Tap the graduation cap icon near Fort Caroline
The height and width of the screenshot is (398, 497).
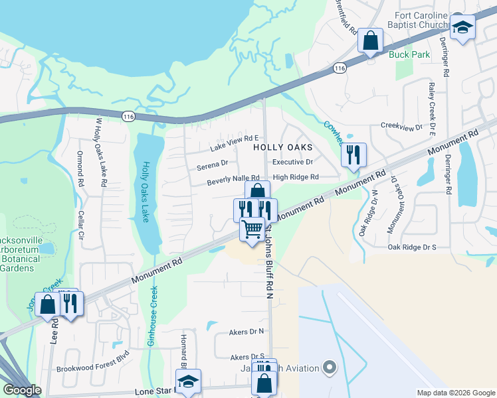coord(462,28)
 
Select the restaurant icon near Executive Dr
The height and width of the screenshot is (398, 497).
coord(353,155)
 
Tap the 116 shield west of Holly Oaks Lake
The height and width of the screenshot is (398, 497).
coord(128,116)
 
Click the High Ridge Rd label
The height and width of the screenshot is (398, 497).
coord(296,177)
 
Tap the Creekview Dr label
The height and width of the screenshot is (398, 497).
coord(401,125)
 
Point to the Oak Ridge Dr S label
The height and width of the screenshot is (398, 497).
coord(412,247)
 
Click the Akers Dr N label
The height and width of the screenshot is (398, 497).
coord(247,330)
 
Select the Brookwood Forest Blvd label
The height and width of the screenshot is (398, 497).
coord(92,368)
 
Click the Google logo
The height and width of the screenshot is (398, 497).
coord(23,390)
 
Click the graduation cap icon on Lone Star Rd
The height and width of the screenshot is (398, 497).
coord(188,381)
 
